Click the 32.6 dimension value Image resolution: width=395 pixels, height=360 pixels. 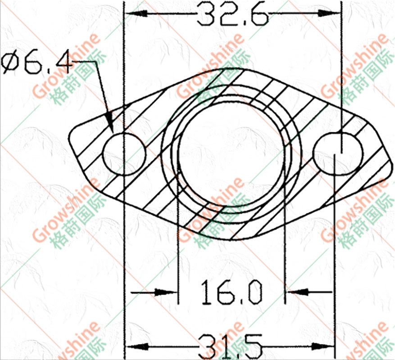pyautogui.click(x=232, y=14)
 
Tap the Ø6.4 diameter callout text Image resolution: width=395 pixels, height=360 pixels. pyautogui.click(x=36, y=62)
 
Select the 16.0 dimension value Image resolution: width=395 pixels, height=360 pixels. pyautogui.click(x=231, y=292)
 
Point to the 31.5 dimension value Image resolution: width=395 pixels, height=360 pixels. pyautogui.click(x=230, y=346)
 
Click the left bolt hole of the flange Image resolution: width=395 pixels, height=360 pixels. pyautogui.click(x=124, y=154)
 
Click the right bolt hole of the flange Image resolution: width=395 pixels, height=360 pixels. pyautogui.click(x=338, y=154)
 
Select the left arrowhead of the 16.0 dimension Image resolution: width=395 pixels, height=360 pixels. pyautogui.click(x=167, y=292)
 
